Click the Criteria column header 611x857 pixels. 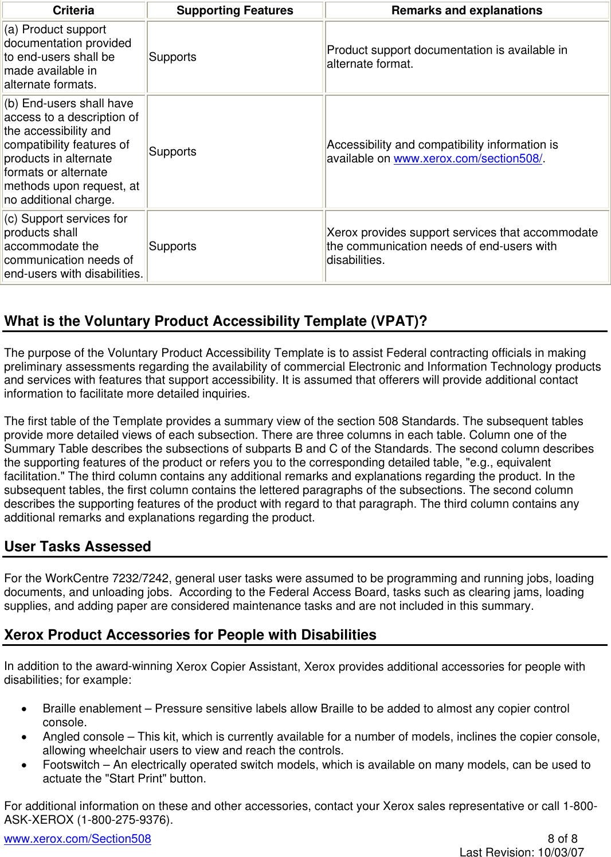[x=73, y=10]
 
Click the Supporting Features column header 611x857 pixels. [x=234, y=10]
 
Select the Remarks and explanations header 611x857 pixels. [x=467, y=10]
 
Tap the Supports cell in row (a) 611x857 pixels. [x=173, y=57]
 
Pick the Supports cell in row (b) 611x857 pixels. [x=173, y=151]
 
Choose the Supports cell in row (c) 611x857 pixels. [x=173, y=246]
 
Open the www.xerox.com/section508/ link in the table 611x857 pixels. [x=468, y=159]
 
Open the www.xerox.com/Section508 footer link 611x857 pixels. [x=77, y=839]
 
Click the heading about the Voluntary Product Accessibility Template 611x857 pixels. [x=216, y=321]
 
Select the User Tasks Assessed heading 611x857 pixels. [x=77, y=547]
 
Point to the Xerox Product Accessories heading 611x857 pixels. [x=190, y=635]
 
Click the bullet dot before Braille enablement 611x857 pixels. [x=24, y=709]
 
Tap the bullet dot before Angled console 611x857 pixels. [x=24, y=737]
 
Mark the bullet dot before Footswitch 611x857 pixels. [x=24, y=765]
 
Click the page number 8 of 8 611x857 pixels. [x=562, y=839]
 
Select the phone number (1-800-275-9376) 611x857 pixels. [x=125, y=820]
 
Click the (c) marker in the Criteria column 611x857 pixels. [x=11, y=219]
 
